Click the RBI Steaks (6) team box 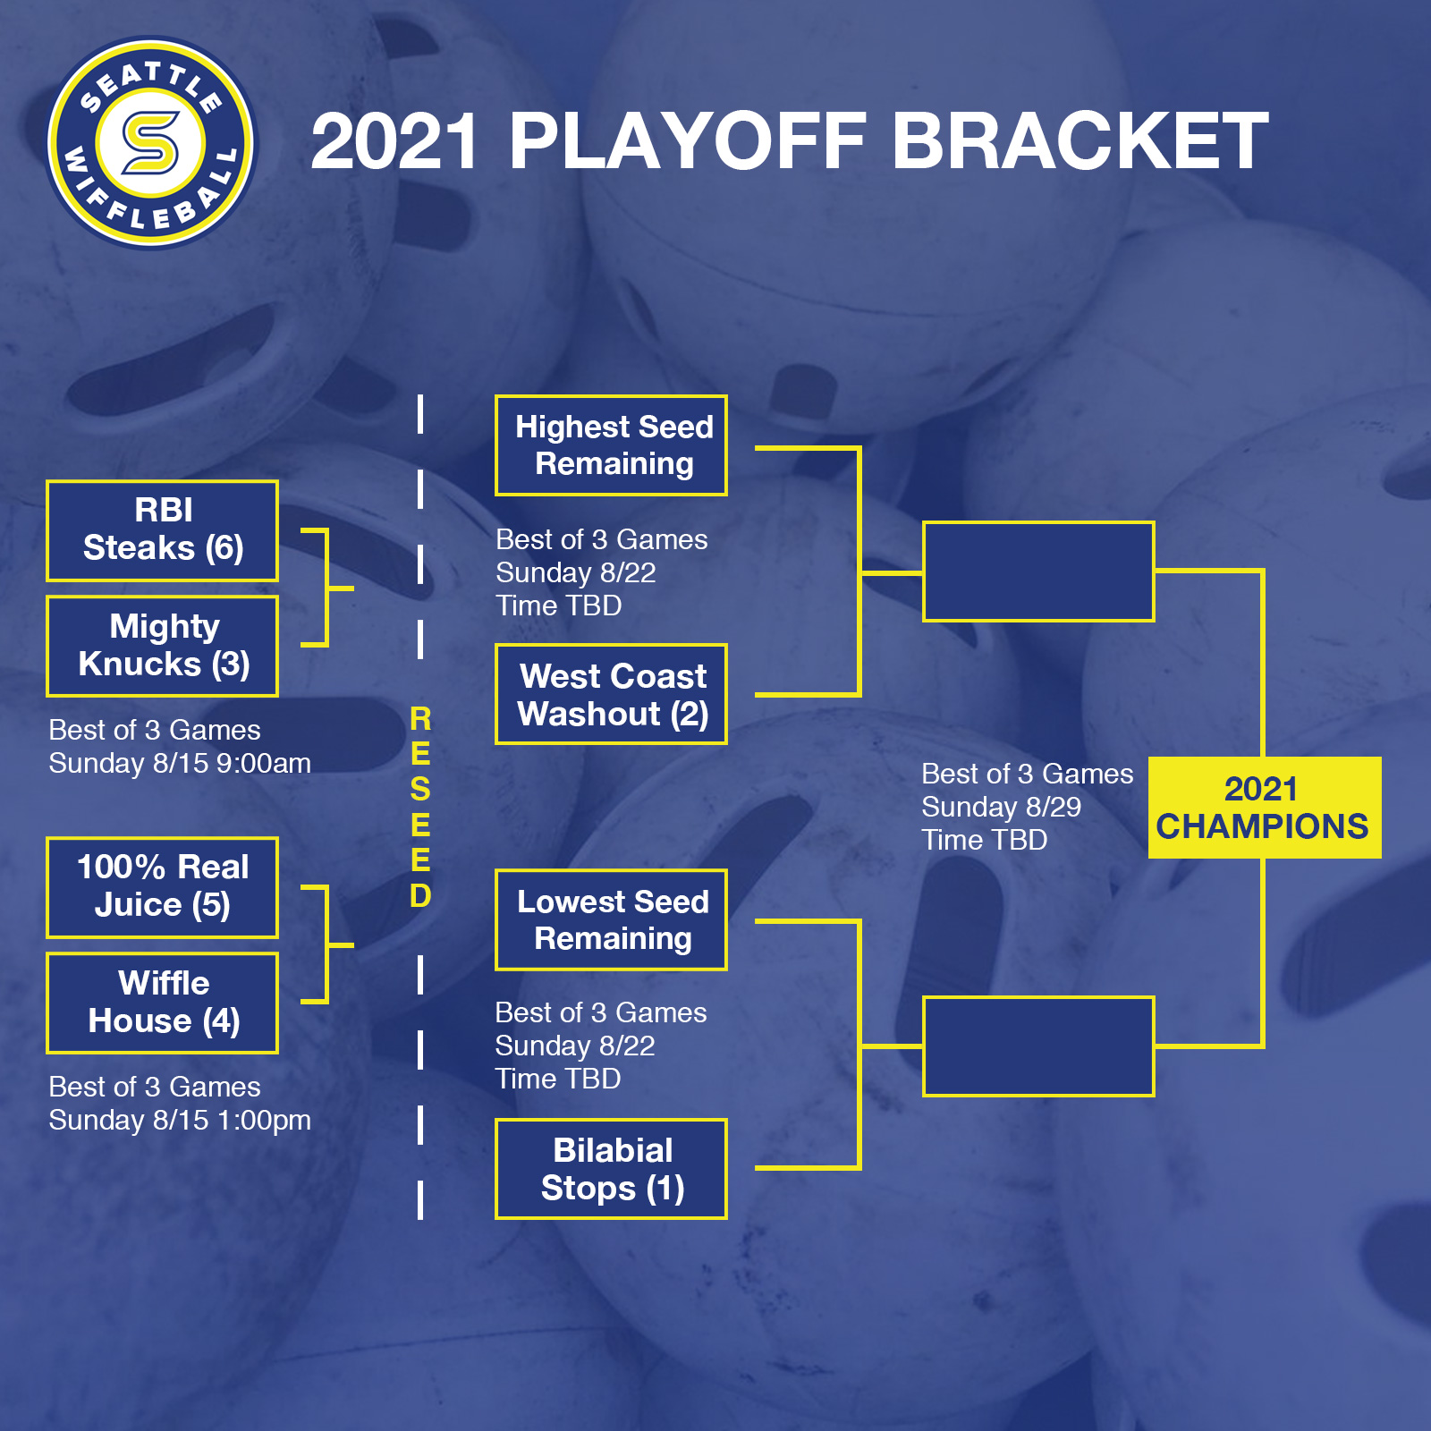[x=162, y=531]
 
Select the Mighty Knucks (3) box [x=162, y=646]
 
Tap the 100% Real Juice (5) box [x=162, y=887]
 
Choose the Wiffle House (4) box [x=162, y=1003]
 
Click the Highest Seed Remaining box [x=611, y=445]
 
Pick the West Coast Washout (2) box [x=611, y=694]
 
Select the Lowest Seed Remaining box [x=611, y=919]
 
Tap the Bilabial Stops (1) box [x=611, y=1169]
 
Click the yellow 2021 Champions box [x=1265, y=808]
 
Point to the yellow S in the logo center [x=150, y=142]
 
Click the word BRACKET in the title [x=1080, y=140]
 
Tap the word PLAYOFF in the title [x=688, y=140]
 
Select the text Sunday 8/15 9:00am [x=180, y=764]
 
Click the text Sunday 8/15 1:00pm [x=180, y=1121]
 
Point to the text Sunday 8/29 [x=1002, y=808]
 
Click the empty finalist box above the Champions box [x=1038, y=572]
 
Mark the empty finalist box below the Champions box [x=1038, y=1046]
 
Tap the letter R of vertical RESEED [x=420, y=719]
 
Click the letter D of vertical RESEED [x=420, y=895]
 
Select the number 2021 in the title [x=394, y=140]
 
